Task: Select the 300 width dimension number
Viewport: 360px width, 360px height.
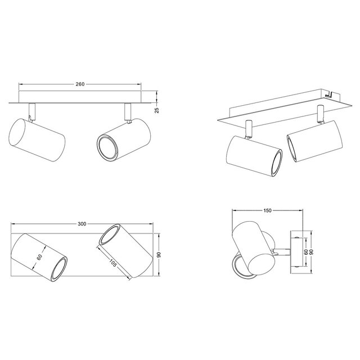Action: pos(82,224)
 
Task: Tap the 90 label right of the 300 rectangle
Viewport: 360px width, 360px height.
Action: pos(160,255)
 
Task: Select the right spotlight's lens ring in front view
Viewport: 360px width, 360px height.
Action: pos(105,147)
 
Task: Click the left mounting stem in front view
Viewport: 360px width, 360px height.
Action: pos(32,111)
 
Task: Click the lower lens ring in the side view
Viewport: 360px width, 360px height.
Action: pos(241,265)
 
